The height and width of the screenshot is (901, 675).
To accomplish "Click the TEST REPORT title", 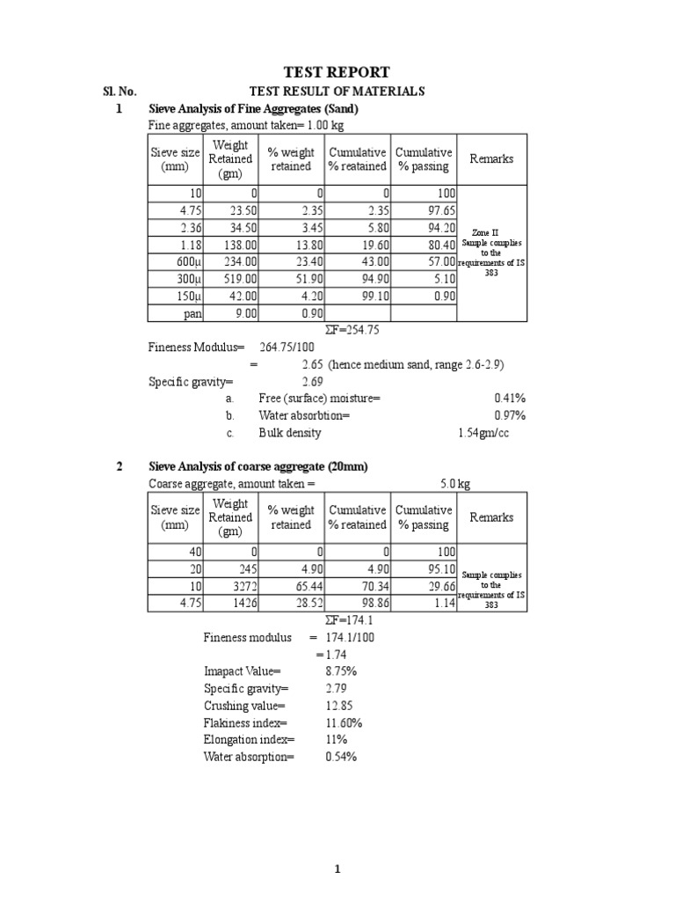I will (x=337, y=72).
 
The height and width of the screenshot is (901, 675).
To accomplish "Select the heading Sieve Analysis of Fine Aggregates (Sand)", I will (x=254, y=109).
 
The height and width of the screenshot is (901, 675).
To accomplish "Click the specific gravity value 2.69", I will (x=312, y=382).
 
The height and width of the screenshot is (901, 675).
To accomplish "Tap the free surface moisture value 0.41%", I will (x=510, y=399).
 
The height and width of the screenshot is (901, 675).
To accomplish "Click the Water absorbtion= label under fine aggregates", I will (x=303, y=415).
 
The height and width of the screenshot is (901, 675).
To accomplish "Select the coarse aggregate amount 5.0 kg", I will (x=454, y=483).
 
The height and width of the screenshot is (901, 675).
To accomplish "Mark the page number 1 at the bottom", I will (x=337, y=870).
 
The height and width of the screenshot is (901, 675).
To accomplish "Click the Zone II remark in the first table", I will (x=492, y=233).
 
